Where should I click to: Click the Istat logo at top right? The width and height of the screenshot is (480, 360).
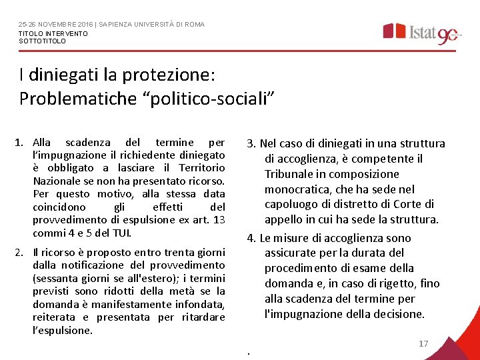coord(421,33)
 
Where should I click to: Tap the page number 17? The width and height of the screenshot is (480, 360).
coord(423,344)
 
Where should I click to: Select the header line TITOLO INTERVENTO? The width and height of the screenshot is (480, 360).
coord(53,33)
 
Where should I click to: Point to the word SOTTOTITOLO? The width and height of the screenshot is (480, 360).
coord(42,41)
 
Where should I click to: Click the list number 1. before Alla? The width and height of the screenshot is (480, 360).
coord(21,143)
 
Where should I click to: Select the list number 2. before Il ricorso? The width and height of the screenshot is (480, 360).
coord(21,252)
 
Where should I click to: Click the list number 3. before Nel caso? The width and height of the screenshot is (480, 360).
coord(251,143)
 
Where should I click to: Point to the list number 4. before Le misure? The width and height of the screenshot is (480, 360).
coord(251,238)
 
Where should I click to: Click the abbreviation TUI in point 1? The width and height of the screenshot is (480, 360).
coord(121,233)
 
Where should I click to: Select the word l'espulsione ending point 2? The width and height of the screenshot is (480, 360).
coord(63,330)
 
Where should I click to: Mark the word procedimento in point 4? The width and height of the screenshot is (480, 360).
coord(300,268)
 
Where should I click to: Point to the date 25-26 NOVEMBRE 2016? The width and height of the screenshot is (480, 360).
coord(55,25)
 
